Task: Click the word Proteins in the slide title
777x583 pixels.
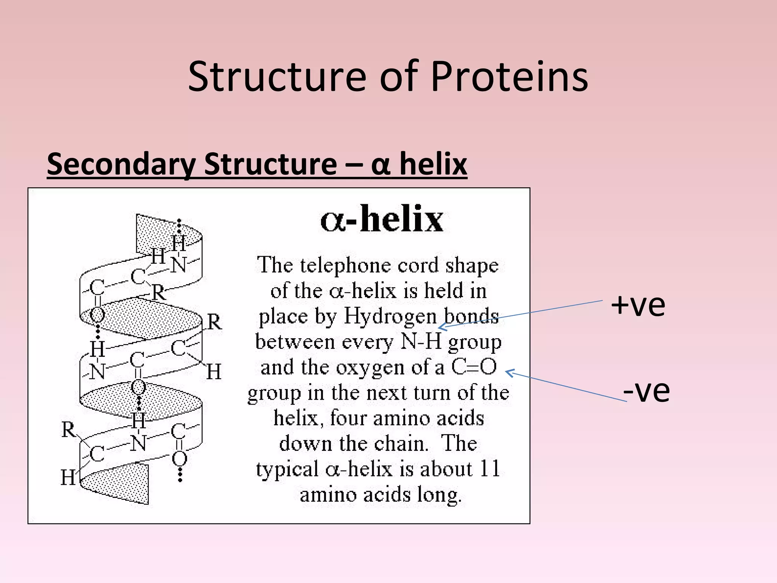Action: [x=509, y=77]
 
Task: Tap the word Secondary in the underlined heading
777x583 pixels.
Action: [x=121, y=164]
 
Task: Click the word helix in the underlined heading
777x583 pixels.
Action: [x=433, y=164]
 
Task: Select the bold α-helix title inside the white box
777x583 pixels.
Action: [x=382, y=219]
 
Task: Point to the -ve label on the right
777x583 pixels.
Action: [x=646, y=391]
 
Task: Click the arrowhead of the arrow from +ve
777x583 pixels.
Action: [x=440, y=327]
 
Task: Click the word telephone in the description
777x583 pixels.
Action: [x=345, y=265]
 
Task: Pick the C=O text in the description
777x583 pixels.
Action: [x=474, y=367]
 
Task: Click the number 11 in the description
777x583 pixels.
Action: [x=489, y=469]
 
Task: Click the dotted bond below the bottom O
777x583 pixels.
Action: [x=180, y=475]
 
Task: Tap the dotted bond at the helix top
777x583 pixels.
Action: [x=179, y=226]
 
